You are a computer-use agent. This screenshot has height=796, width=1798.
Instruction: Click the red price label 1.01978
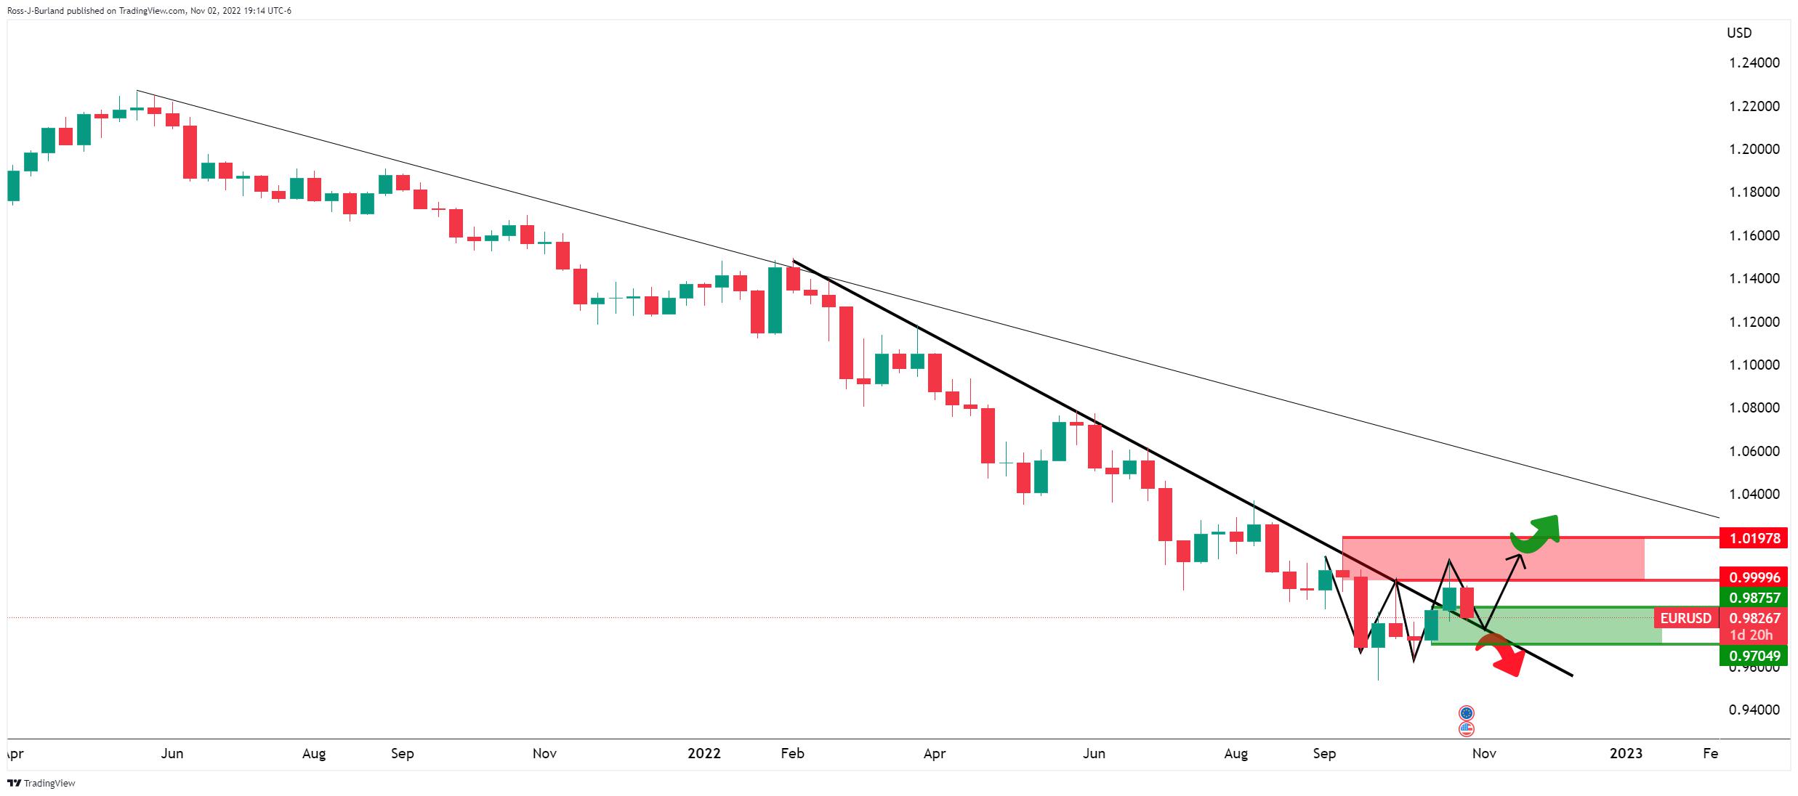(x=1754, y=538)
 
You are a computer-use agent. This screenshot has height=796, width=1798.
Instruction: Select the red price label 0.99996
(x=1754, y=577)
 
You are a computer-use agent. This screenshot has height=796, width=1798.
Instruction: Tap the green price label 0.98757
(x=1754, y=598)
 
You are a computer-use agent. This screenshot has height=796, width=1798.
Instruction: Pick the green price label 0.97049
(x=1754, y=656)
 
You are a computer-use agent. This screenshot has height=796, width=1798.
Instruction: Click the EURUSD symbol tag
(x=1685, y=618)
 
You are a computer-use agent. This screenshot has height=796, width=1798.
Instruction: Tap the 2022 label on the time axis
(x=704, y=754)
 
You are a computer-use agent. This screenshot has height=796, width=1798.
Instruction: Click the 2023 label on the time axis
(x=1626, y=754)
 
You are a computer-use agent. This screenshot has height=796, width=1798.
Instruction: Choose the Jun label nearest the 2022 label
(x=1094, y=754)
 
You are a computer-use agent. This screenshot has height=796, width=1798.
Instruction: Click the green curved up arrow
(x=1535, y=534)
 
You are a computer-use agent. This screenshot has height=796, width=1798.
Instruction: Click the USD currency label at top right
(x=1739, y=33)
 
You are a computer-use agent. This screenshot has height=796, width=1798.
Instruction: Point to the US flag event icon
(x=1466, y=728)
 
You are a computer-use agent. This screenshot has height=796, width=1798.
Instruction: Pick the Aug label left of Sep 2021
(x=313, y=754)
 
